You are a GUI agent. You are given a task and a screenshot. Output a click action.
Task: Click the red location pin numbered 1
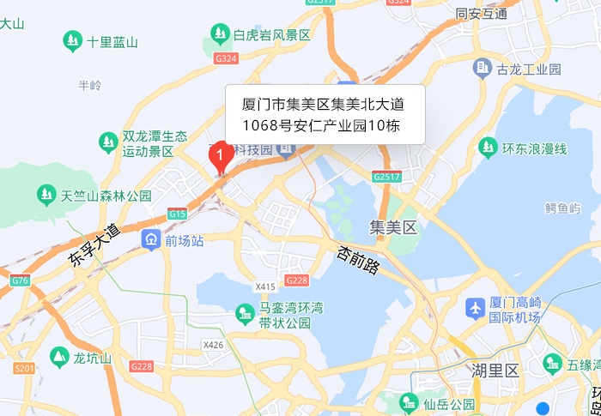pos(219,155)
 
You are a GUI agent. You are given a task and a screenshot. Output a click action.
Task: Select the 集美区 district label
pos(392,227)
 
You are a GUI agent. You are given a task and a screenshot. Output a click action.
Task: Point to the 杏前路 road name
pos(358,261)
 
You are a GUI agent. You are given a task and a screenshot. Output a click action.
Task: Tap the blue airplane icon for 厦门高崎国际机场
pos(475,306)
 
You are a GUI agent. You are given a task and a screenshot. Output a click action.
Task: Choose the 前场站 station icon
pos(151,239)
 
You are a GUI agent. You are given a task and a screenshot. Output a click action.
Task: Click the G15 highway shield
pos(178,214)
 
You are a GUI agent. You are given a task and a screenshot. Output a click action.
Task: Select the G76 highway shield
pos(20,280)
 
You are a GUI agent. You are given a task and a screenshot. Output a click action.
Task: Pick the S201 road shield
pos(25,368)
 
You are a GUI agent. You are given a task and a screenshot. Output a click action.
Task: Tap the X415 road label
pos(265,286)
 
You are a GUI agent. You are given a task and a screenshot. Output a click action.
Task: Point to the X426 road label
pos(213,345)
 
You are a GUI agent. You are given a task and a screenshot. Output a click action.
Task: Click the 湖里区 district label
pos(495,371)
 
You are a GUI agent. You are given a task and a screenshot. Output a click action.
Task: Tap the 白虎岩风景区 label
pos(272,34)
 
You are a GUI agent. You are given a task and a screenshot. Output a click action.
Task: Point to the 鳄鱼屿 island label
pos(562,208)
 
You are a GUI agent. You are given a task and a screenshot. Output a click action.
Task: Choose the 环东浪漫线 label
pos(535,148)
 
